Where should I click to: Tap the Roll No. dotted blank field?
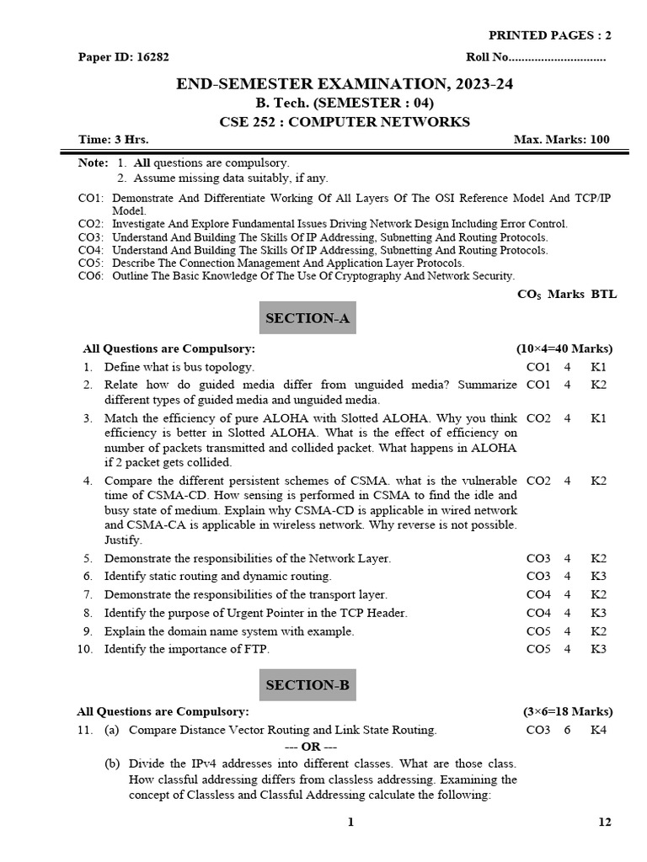[558, 58]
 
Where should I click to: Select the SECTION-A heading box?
[307, 318]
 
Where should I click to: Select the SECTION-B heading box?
[307, 685]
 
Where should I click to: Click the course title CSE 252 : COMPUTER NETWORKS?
[344, 122]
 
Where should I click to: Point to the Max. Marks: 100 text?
[561, 140]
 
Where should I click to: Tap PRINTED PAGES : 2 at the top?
[550, 35]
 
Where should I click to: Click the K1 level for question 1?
[598, 367]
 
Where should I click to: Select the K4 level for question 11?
[598, 730]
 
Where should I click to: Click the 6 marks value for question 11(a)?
[567, 730]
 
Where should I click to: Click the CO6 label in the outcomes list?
[90, 275]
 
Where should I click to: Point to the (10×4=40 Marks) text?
[564, 349]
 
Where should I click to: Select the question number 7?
[87, 594]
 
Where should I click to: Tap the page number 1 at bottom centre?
[350, 822]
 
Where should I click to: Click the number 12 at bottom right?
[605, 822]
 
